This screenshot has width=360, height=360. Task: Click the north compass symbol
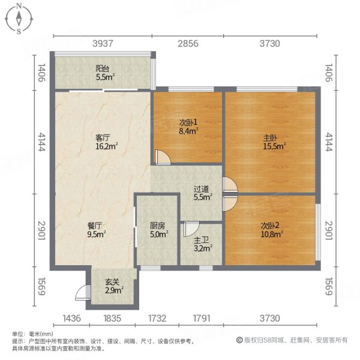click(19, 18)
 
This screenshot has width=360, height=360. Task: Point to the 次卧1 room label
click(187, 123)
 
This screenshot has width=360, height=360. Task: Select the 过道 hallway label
click(202, 187)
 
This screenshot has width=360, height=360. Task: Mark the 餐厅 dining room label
click(96, 226)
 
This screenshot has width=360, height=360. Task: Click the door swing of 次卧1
click(161, 157)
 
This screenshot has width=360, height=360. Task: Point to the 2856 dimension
click(188, 43)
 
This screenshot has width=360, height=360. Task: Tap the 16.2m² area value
click(106, 145)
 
